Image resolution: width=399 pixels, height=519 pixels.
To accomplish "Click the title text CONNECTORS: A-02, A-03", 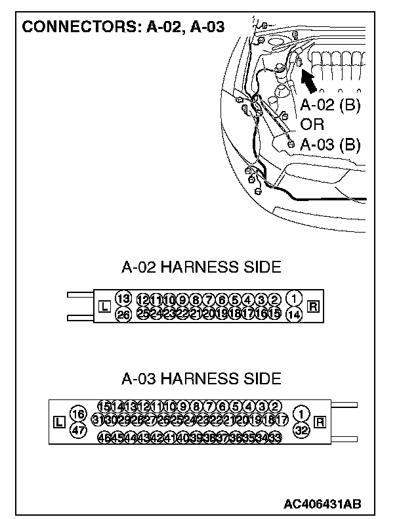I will (x=124, y=27).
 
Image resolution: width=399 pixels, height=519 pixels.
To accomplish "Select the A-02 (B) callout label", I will (x=331, y=106).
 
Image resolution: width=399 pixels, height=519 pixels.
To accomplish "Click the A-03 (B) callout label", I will (x=331, y=145).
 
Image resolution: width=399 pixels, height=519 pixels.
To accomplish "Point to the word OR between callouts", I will (x=313, y=125).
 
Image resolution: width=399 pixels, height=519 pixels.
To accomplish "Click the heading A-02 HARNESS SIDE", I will (x=201, y=267).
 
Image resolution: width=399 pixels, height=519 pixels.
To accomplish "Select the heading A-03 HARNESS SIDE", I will (x=201, y=379).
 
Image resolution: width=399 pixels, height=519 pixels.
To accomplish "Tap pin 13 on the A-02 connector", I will (x=123, y=298).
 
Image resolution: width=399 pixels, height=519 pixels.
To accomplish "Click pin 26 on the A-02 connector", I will (x=123, y=315).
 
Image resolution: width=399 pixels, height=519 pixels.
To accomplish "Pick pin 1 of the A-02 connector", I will (x=295, y=298).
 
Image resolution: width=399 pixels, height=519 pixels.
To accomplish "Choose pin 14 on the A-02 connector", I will (x=295, y=315).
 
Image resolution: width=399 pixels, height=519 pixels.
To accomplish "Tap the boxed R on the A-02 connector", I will (x=313, y=306).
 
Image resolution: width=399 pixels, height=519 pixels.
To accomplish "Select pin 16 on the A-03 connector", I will (x=78, y=415).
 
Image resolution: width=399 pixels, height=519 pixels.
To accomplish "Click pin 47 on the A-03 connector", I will (x=78, y=430).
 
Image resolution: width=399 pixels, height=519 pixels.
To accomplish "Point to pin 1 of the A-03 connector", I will (x=301, y=415).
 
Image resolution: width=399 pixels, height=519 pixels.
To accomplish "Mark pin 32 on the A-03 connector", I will (x=301, y=430).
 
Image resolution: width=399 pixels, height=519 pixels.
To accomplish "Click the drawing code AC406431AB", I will (x=322, y=504).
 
